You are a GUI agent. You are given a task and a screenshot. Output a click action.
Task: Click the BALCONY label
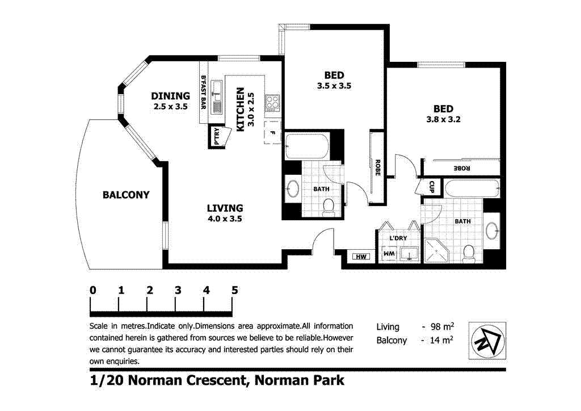(126, 195)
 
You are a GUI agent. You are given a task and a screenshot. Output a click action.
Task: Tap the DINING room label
(170, 96)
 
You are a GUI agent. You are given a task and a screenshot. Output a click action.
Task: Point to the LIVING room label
(225, 208)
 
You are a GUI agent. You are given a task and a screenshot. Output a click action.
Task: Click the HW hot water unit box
(360, 257)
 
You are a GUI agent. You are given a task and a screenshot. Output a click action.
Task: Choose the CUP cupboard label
(432, 186)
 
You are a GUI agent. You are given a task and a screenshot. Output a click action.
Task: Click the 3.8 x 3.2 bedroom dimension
(443, 120)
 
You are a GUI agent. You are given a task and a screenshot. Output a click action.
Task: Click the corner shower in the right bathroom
(436, 250)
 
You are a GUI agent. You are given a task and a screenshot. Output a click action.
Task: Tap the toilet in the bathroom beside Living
(328, 208)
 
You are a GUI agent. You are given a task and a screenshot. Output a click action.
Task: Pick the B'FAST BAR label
(204, 92)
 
